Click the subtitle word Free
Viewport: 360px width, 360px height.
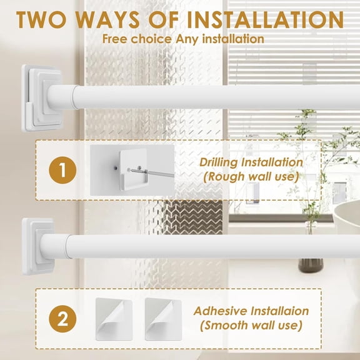point(117,39)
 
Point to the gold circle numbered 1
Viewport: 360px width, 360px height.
point(64,170)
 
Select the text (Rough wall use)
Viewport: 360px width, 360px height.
point(251,177)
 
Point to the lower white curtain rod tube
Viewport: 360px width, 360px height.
point(206,246)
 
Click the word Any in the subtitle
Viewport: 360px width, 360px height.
point(191,39)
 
